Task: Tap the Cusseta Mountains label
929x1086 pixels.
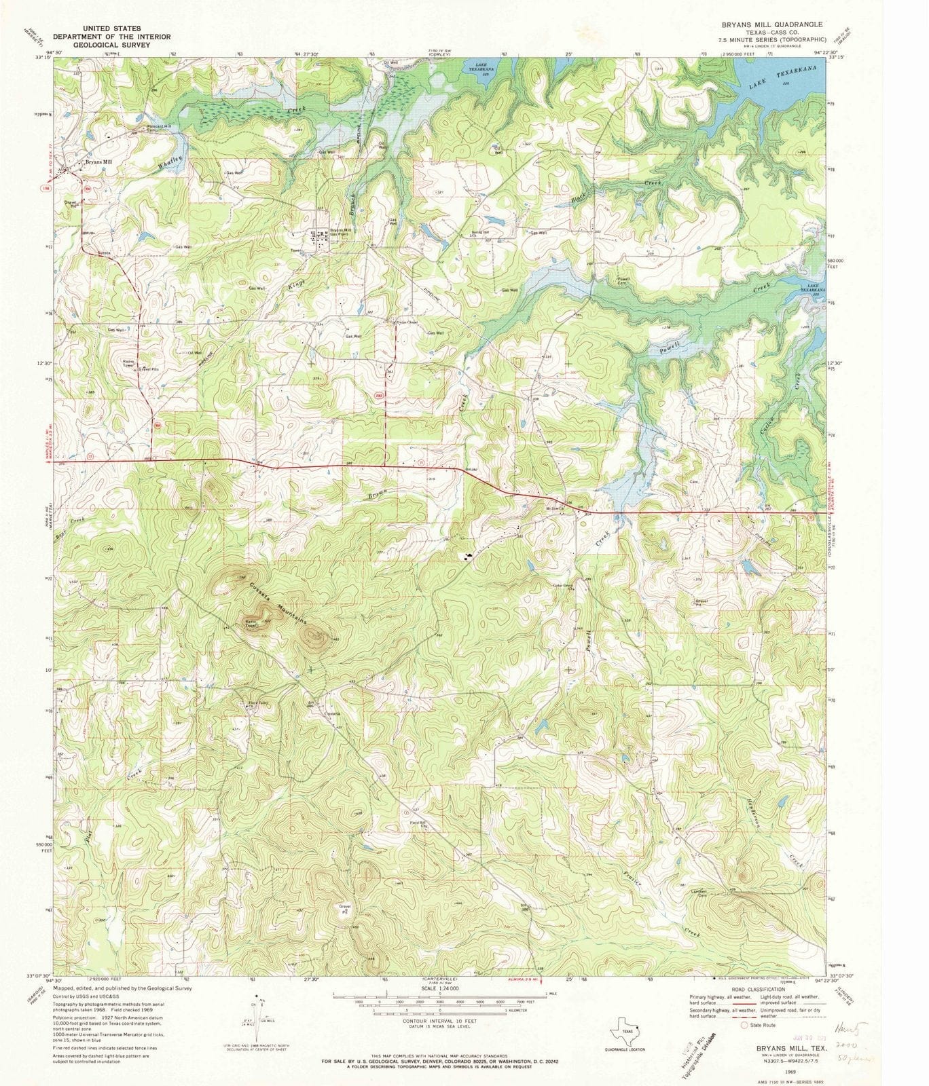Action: [x=278, y=603]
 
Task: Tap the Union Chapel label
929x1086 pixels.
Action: [x=396, y=322]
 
